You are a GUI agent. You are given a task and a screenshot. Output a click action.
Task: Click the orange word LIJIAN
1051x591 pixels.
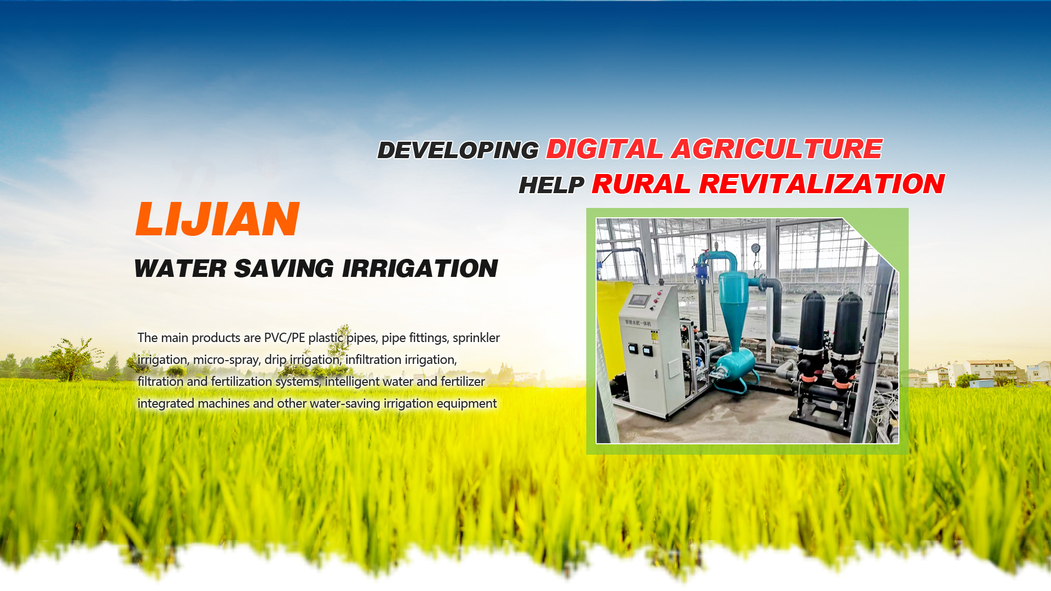click(x=217, y=219)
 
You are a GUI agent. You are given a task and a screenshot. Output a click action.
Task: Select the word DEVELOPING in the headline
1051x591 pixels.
click(x=458, y=150)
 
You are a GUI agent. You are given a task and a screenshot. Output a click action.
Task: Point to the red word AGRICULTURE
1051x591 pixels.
click(x=777, y=149)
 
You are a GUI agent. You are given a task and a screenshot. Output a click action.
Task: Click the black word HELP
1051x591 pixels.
click(x=551, y=186)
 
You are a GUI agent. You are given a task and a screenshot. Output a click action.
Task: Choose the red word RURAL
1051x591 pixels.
click(x=641, y=184)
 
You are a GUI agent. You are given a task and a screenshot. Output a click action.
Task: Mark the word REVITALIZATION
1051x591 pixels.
click(x=822, y=184)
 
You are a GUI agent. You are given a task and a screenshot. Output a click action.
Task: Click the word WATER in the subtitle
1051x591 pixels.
click(x=180, y=269)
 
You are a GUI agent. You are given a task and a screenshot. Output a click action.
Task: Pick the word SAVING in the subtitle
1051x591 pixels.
click(x=284, y=269)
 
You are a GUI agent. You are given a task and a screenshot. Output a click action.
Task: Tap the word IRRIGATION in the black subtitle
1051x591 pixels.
click(x=420, y=269)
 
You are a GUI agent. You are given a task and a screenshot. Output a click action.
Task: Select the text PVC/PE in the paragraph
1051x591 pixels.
click(x=284, y=338)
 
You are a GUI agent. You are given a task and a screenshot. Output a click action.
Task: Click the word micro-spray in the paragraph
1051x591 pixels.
click(x=226, y=360)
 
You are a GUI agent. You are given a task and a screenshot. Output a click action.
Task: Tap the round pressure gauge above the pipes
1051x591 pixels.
click(x=756, y=248)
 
